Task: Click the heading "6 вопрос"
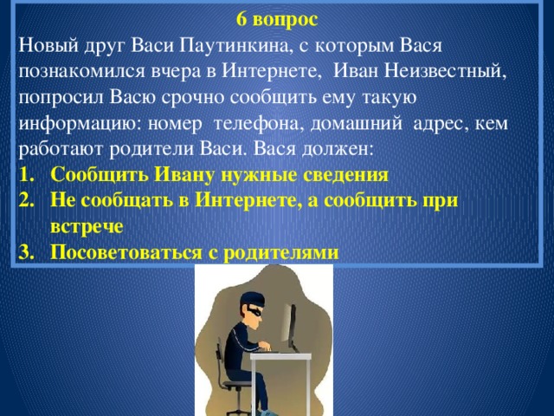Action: click(x=276, y=17)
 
